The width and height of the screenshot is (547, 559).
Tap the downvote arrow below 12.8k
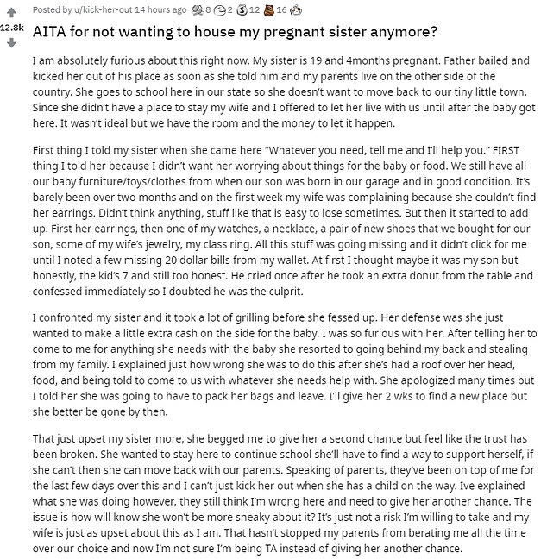(12, 42)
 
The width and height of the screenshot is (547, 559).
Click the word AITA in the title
(53, 33)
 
